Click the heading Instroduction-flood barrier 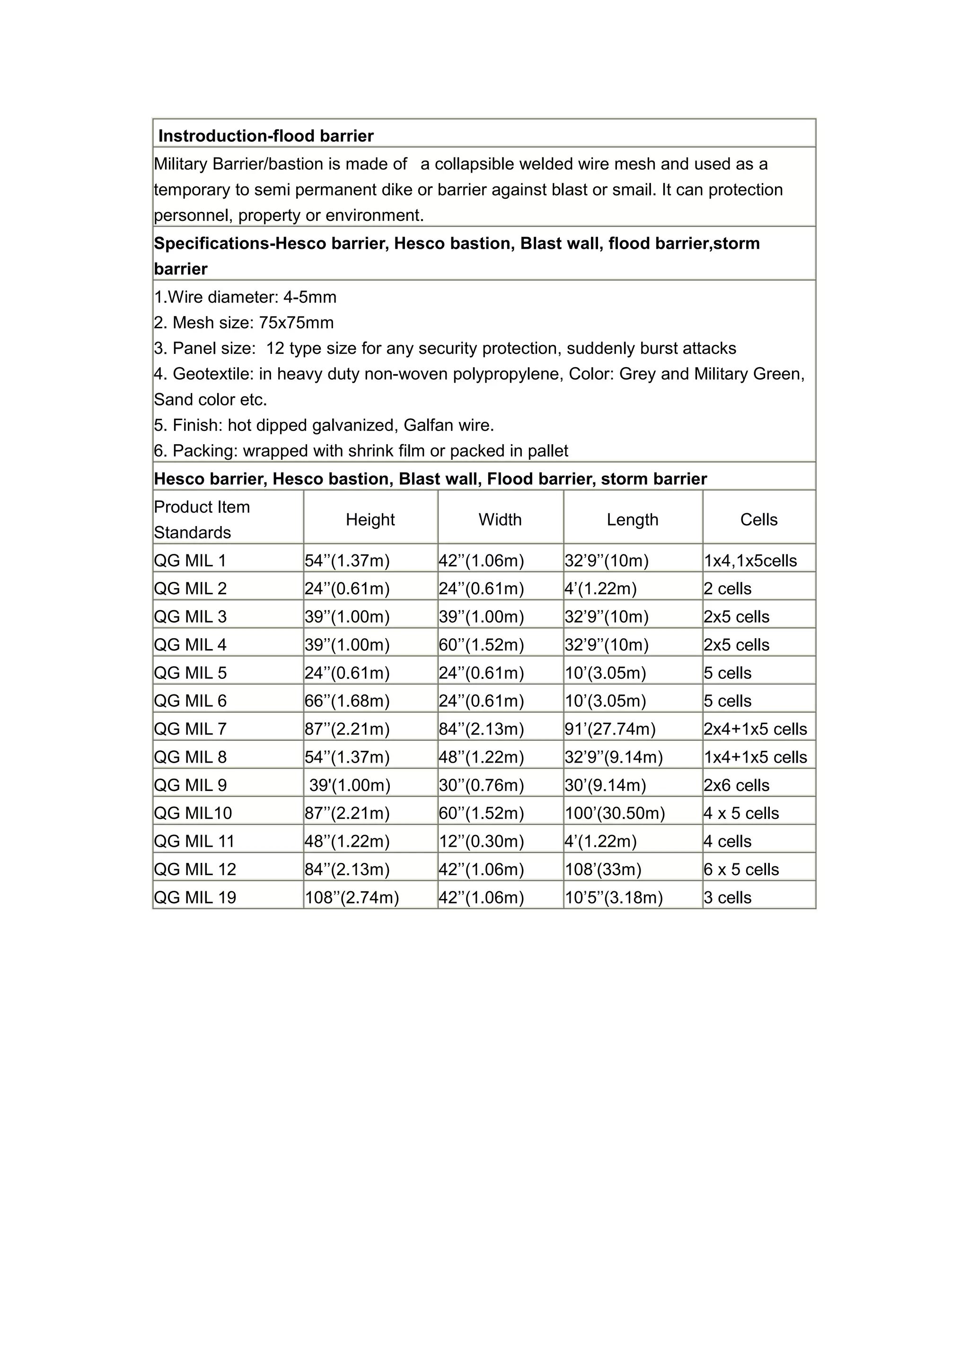click(265, 136)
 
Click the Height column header click(370, 520)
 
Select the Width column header click(500, 520)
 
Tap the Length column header click(633, 520)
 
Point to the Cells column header click(758, 520)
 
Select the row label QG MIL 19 click(195, 897)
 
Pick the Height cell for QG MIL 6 click(347, 701)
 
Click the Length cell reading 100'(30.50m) click(615, 813)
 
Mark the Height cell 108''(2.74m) click(352, 897)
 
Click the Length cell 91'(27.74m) click(610, 729)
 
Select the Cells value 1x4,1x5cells click(750, 561)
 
